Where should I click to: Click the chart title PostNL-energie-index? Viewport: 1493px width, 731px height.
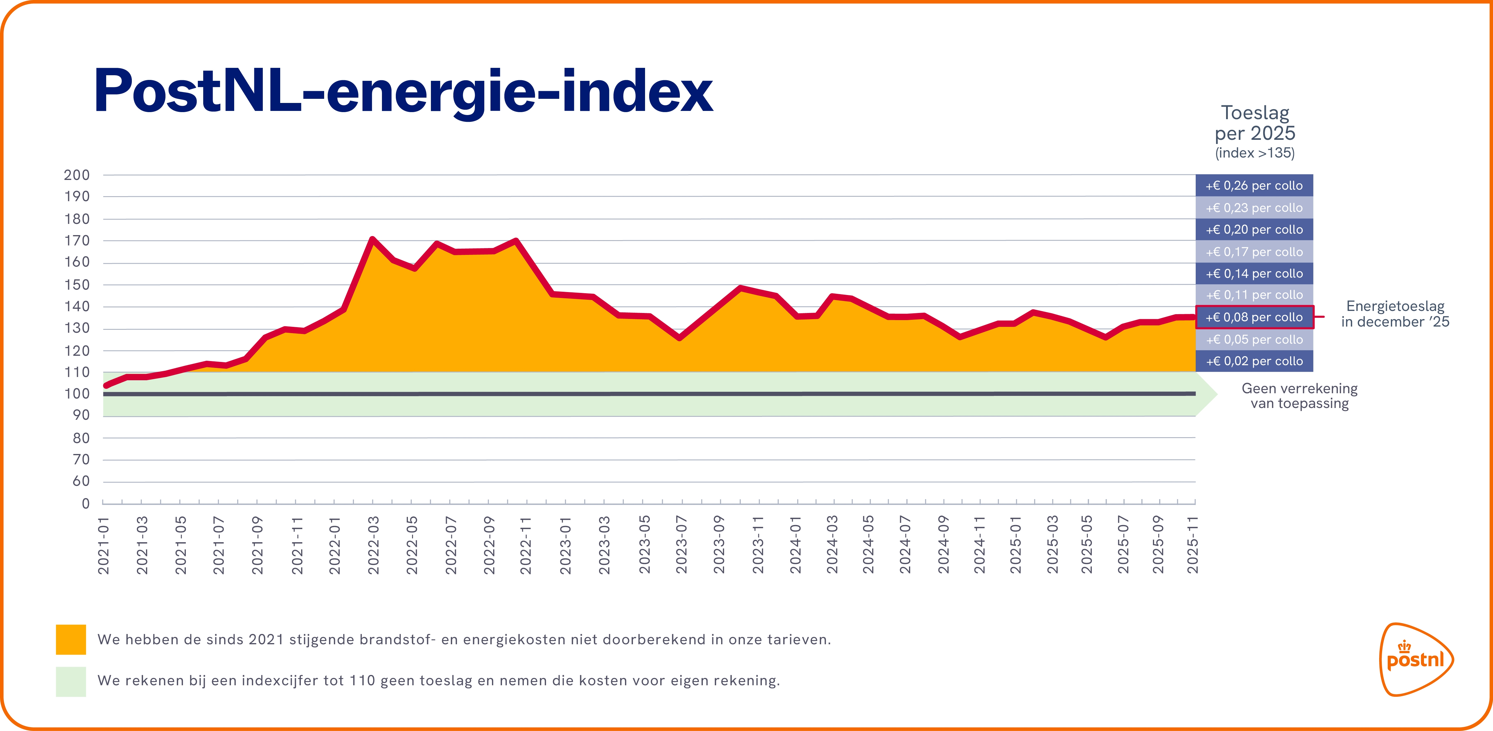(x=403, y=91)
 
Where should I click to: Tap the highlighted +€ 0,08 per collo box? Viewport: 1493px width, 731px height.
(x=1254, y=317)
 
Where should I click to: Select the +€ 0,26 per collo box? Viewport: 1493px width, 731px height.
(x=1254, y=186)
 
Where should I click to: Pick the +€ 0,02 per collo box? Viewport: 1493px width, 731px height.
(x=1254, y=361)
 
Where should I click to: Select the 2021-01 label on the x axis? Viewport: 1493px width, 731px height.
(x=104, y=545)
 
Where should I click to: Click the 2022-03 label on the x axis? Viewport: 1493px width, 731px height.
(x=374, y=545)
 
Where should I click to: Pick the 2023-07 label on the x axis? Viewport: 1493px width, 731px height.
(x=682, y=545)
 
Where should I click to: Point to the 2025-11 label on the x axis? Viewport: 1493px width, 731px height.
(x=1193, y=545)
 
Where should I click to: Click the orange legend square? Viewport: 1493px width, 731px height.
(x=71, y=640)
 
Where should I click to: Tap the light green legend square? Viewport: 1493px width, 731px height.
(x=71, y=681)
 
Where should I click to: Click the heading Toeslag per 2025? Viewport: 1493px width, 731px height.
(x=1255, y=123)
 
